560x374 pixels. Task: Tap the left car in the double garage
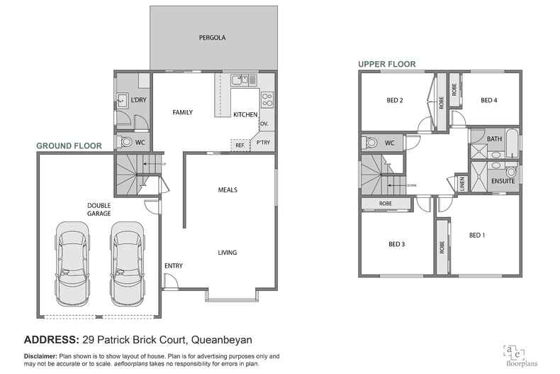coord(73,262)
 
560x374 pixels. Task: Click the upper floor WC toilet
coord(370,143)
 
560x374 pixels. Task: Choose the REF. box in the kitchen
coord(240,145)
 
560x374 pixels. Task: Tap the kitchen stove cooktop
coord(267,99)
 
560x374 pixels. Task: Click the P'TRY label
coord(264,143)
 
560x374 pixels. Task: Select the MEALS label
coord(228,190)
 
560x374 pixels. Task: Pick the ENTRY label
coord(174,266)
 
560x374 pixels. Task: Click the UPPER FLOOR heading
coord(386,64)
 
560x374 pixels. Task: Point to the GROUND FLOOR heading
coord(69,145)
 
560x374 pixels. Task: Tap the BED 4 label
coord(488,101)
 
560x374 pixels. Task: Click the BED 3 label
coord(397,245)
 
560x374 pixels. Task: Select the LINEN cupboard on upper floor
coord(462,184)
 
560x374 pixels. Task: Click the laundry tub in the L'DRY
coord(122,101)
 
